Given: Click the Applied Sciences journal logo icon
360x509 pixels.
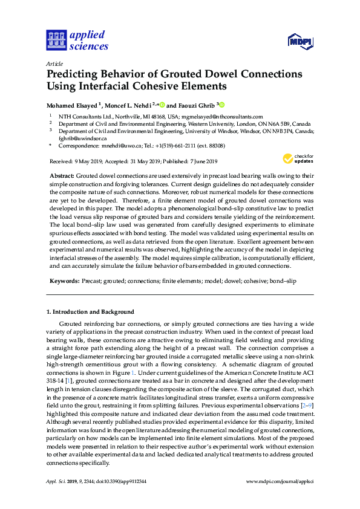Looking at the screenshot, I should (55, 41).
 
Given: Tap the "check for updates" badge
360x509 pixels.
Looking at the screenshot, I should (294, 159).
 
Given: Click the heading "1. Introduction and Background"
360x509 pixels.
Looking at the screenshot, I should (90, 312).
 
